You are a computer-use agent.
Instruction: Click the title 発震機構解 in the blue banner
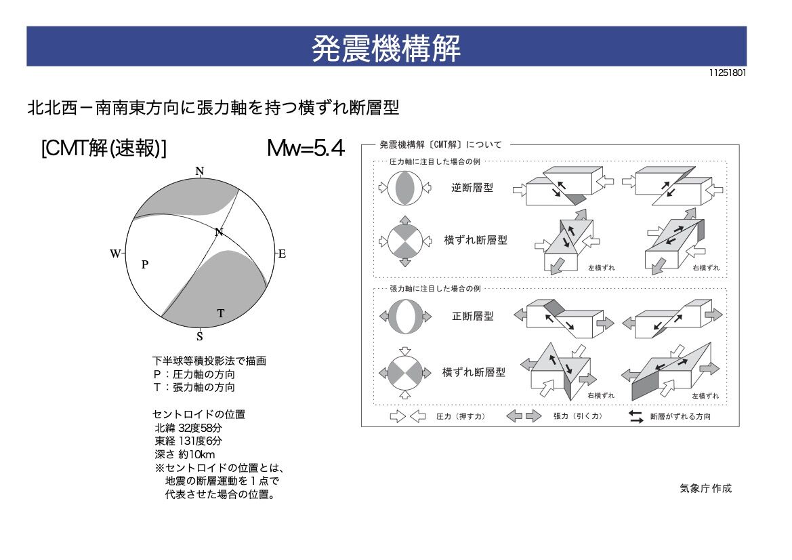(386, 47)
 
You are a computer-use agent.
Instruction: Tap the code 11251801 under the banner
(728, 73)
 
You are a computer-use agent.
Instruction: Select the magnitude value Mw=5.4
(306, 148)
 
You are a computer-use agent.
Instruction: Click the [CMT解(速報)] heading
(104, 148)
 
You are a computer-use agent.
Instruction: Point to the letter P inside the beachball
(145, 265)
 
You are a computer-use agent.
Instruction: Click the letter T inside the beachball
(220, 313)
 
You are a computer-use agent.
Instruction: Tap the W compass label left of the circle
(115, 254)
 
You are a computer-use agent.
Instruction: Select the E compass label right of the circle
(283, 254)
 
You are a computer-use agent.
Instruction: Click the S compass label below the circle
(199, 337)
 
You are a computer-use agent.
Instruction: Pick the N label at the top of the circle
(200, 171)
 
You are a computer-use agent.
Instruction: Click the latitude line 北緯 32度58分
(188, 428)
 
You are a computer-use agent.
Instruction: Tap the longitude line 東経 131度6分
(188, 441)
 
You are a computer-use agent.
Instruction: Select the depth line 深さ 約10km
(185, 454)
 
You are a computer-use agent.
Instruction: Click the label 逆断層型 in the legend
(472, 188)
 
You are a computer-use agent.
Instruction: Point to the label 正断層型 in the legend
(473, 316)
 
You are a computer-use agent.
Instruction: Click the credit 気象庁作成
(705, 488)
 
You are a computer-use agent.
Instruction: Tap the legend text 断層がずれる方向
(680, 417)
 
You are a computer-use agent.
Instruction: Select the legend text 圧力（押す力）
(461, 417)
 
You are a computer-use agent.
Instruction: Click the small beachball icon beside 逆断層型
(404, 188)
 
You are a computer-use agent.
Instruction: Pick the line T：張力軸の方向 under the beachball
(194, 388)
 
